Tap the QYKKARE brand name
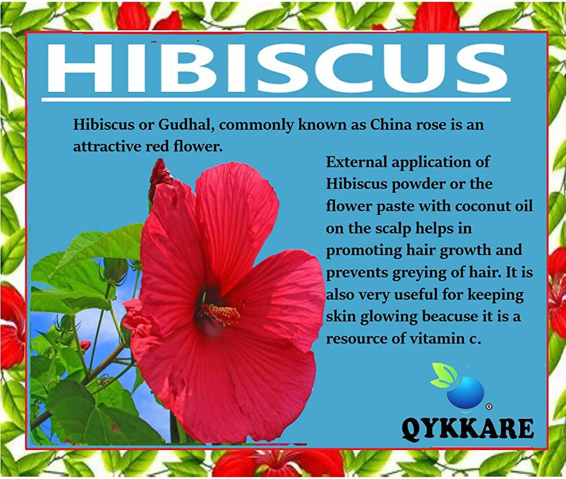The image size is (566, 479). (468, 429)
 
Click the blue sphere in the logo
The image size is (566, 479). (465, 393)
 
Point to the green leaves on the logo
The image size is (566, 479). (443, 375)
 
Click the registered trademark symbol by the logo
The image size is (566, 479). (488, 406)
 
